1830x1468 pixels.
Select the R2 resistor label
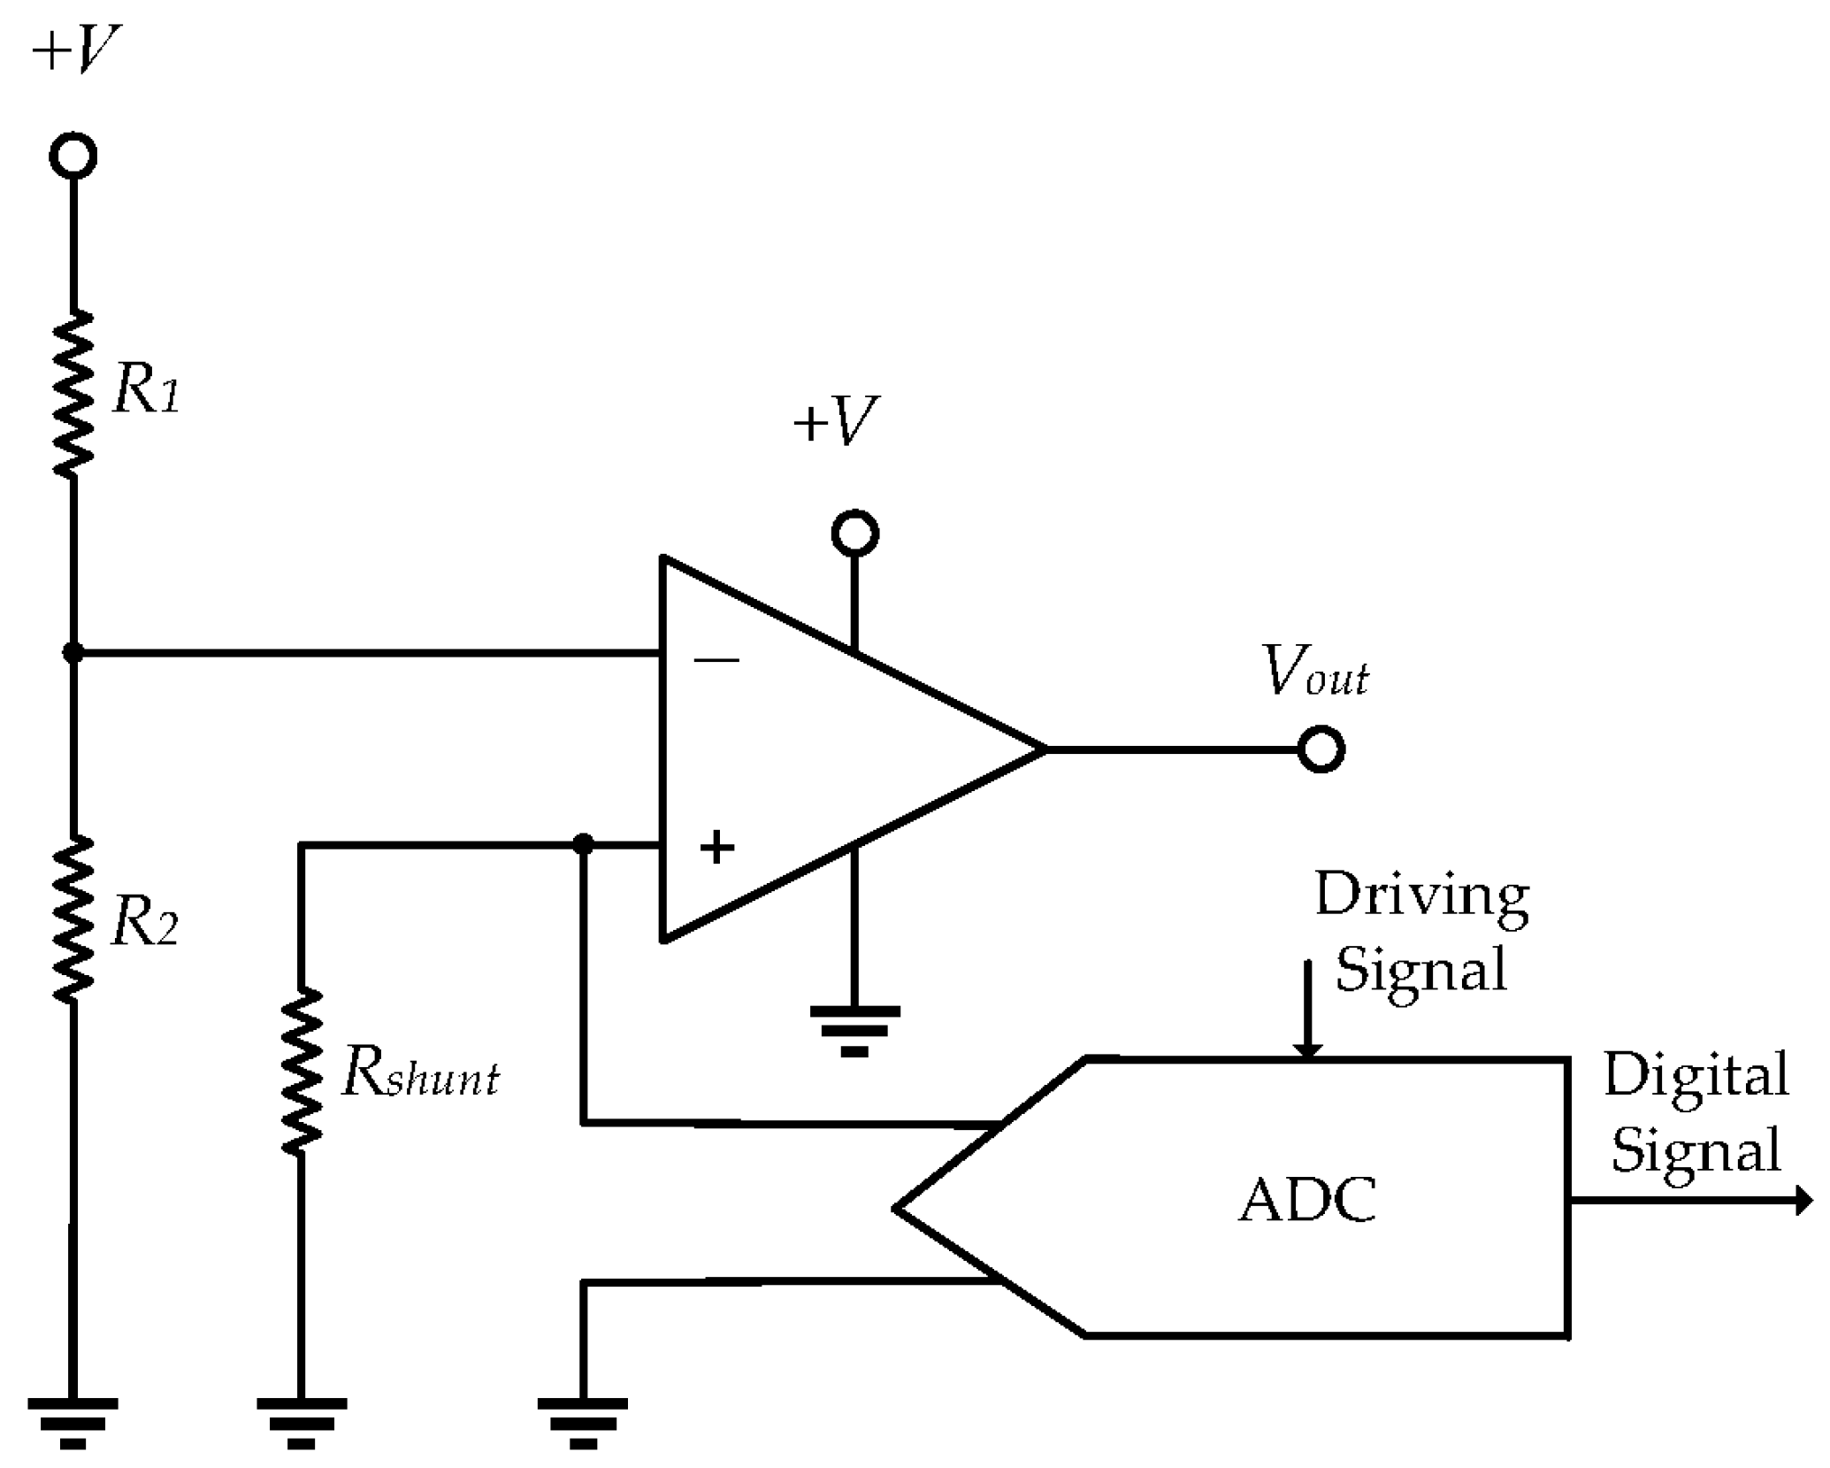tap(145, 924)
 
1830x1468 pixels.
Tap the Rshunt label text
tap(419, 1074)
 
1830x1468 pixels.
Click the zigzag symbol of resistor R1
tap(73, 395)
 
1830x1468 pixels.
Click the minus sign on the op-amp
tap(716, 660)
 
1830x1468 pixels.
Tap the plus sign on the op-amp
tap(716, 847)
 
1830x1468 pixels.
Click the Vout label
tap(1315, 673)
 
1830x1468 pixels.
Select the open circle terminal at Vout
tap(1321, 749)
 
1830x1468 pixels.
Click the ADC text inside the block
tap(1306, 1201)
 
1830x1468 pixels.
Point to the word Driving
tap(1421, 895)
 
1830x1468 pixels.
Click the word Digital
tap(1696, 1076)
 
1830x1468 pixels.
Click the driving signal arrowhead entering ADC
tap(1307, 1049)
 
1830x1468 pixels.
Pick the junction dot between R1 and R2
tap(73, 653)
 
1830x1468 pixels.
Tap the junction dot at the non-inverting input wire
tap(582, 844)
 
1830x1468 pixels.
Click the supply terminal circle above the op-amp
tap(854, 534)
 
